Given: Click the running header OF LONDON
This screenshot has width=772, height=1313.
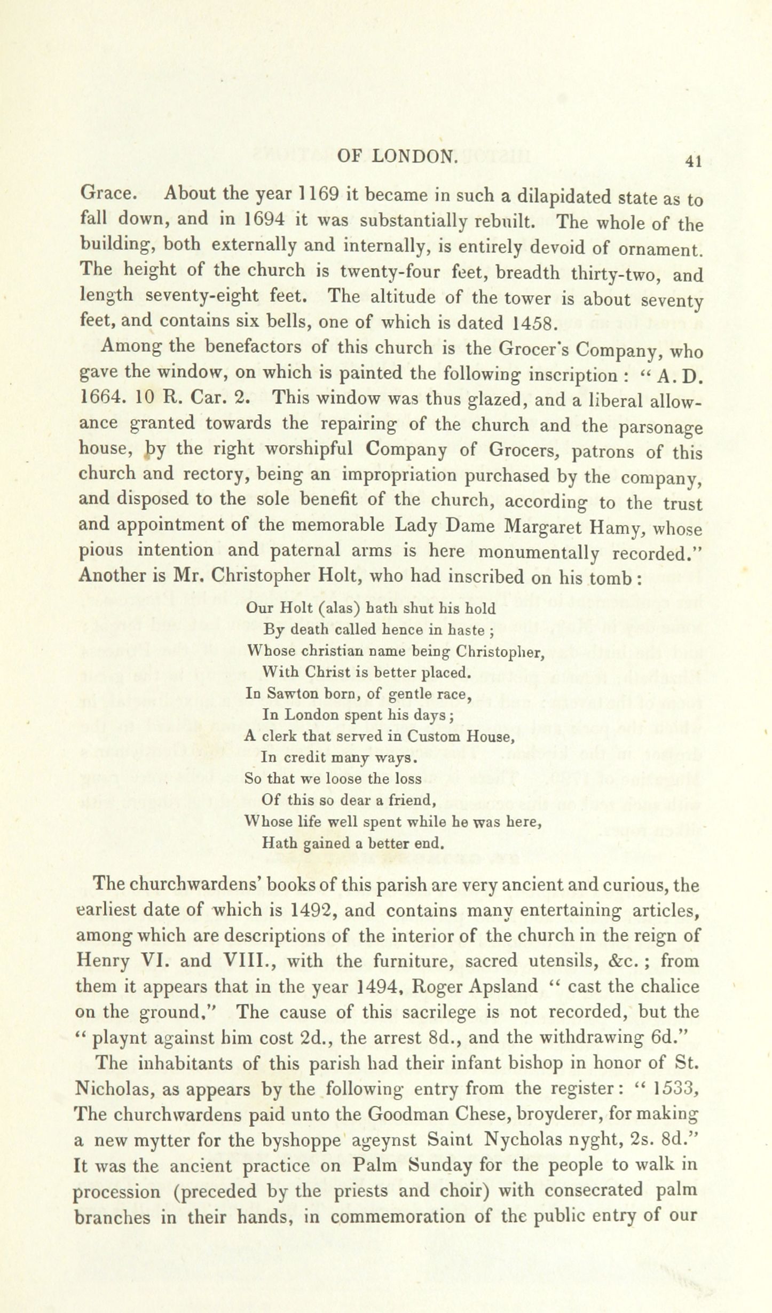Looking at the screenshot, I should [x=398, y=156].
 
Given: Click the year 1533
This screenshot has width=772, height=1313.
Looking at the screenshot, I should [x=674, y=1089].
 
